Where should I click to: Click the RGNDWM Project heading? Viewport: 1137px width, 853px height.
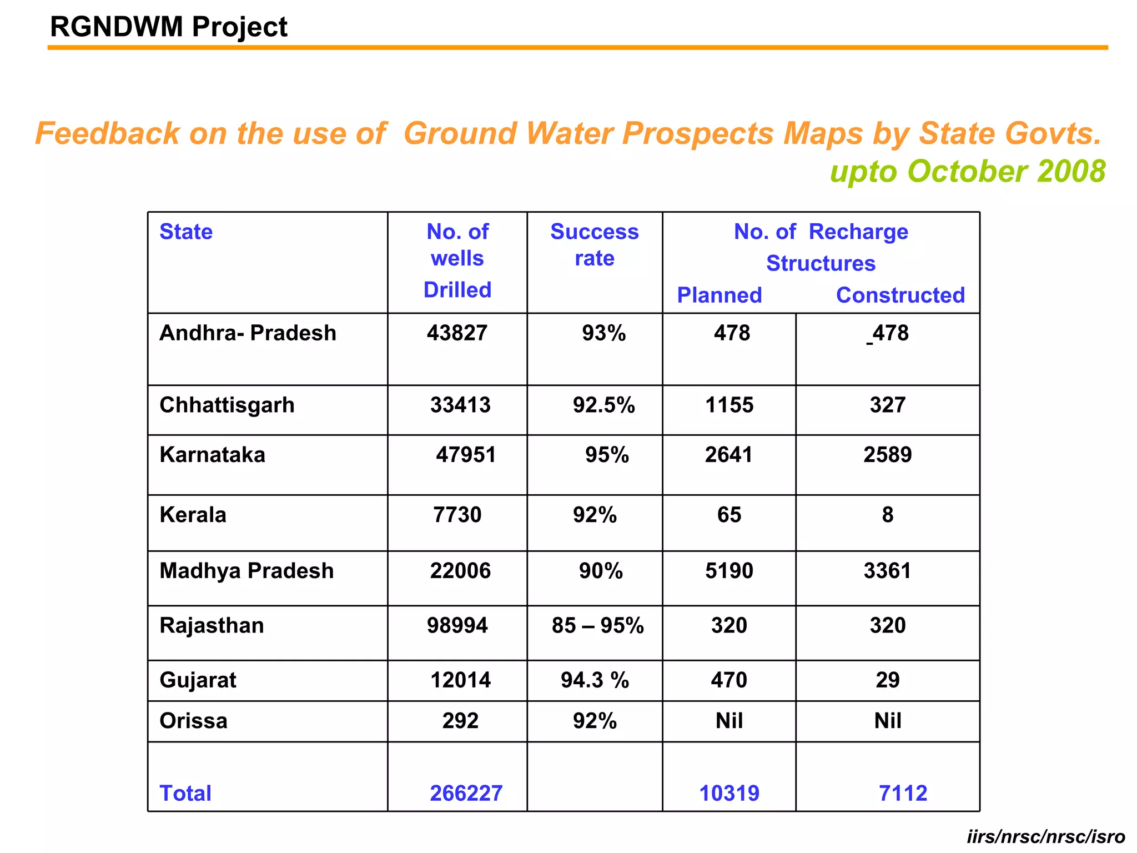(x=169, y=27)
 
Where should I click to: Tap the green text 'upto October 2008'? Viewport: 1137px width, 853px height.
(x=967, y=171)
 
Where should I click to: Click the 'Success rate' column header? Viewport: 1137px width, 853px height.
(x=594, y=245)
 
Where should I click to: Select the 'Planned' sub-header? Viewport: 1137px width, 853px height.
(x=719, y=295)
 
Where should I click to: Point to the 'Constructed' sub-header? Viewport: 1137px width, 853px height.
(x=900, y=295)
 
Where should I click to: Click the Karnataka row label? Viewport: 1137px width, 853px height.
(x=212, y=455)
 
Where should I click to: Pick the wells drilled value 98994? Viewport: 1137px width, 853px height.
(x=457, y=625)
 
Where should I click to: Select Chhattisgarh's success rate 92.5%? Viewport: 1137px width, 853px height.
(x=603, y=405)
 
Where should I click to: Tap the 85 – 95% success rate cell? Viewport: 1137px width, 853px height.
(x=597, y=625)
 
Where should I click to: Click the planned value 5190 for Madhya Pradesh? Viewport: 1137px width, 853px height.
(x=729, y=571)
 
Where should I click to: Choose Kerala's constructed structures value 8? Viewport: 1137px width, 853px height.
(x=887, y=515)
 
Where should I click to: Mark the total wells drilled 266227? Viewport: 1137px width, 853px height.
(x=466, y=793)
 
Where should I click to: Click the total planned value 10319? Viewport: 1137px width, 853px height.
(x=729, y=793)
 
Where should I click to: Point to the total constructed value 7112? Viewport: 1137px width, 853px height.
(x=903, y=793)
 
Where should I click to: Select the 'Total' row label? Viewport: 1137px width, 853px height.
(x=185, y=793)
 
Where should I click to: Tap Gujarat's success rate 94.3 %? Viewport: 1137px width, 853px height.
(x=595, y=680)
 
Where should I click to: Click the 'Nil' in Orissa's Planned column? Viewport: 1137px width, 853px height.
(x=729, y=721)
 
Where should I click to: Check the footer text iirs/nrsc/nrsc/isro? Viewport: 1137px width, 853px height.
(x=1045, y=836)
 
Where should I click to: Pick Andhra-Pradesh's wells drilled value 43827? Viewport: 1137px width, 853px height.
(x=457, y=333)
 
